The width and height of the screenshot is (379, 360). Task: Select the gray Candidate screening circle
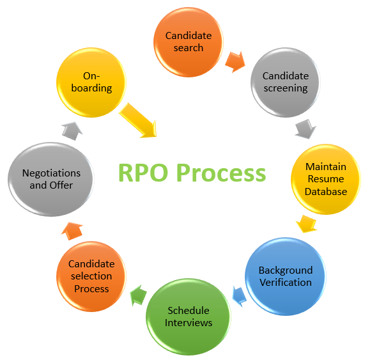[x=286, y=82]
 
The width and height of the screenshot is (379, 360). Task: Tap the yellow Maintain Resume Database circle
[x=325, y=178]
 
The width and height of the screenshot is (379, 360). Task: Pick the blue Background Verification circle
[x=285, y=276]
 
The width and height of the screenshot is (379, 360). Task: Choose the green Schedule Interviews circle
[x=188, y=316]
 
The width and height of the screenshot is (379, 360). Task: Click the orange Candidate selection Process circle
[x=91, y=276]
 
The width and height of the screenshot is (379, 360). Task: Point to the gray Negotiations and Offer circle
[x=51, y=178]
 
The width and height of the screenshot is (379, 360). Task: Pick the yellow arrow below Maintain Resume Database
[x=307, y=223]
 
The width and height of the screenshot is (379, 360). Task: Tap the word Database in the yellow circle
[x=325, y=191]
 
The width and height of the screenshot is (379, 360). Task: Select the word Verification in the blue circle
[x=285, y=283]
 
